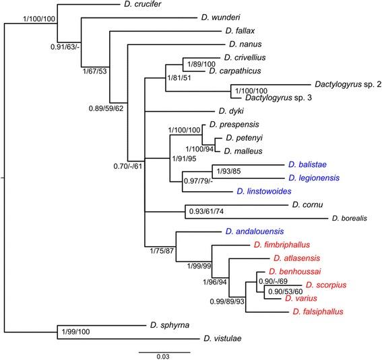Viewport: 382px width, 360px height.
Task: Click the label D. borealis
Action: click(354, 218)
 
